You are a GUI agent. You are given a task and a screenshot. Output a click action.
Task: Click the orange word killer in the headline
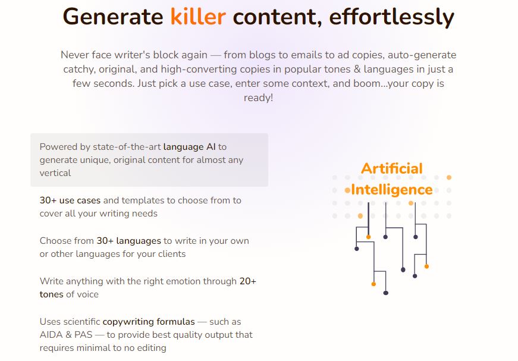[198, 17]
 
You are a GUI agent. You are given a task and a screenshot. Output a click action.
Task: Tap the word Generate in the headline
[112, 17]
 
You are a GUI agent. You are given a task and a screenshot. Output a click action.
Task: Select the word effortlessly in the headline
[391, 17]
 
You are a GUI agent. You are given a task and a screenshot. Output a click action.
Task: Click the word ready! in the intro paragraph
[258, 98]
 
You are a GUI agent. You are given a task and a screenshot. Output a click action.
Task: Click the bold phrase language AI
[189, 147]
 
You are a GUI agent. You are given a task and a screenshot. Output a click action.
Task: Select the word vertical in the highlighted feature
[55, 173]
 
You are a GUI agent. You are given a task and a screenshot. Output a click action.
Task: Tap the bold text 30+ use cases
[70, 200]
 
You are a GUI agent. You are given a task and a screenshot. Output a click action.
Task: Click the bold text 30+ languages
[129, 241]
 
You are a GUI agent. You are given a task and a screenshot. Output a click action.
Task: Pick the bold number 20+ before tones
[248, 281]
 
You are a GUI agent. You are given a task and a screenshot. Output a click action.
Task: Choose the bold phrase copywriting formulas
[149, 322]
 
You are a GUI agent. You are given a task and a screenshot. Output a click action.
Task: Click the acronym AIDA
[51, 335]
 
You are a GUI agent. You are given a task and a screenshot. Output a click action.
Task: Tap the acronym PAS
[83, 335]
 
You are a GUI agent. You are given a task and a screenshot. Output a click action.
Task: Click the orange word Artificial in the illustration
[392, 168]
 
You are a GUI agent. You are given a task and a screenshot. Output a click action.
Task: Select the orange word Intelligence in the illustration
[392, 190]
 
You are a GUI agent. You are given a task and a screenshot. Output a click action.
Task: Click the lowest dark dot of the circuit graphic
[385, 293]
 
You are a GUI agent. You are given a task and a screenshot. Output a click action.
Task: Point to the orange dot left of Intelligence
[347, 190]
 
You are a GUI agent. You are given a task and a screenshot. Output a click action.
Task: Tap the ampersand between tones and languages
[357, 70]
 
